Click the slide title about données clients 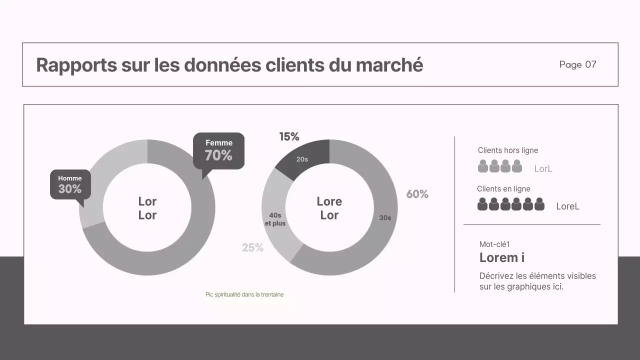tap(229, 65)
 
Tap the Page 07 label tap(577, 64)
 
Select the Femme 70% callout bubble tap(218, 150)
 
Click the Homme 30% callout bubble tap(70, 184)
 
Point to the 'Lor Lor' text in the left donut tap(147, 208)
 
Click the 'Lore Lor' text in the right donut tap(329, 208)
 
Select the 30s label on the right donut tap(385, 218)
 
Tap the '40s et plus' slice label tap(275, 219)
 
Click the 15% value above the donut tap(289, 136)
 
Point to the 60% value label tap(417, 194)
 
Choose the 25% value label tap(252, 247)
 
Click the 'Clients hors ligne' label tap(507, 150)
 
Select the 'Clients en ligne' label tap(503, 189)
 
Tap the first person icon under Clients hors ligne tap(482, 166)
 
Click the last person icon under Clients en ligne tap(539, 204)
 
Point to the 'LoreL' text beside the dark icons tap(567, 206)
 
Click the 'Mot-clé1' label tap(494, 244)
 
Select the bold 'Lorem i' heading tap(501, 257)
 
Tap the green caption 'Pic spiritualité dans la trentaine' tap(244, 294)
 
